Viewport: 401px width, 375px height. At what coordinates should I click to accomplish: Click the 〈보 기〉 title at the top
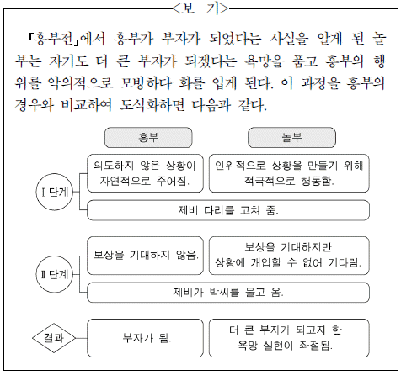click(200, 8)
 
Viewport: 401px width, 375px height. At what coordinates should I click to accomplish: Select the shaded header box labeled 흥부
click(148, 138)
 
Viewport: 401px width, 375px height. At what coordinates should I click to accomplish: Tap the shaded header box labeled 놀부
click(291, 138)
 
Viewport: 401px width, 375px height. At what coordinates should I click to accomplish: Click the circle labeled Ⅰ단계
click(55, 192)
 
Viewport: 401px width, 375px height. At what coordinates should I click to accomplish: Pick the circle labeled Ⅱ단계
click(55, 274)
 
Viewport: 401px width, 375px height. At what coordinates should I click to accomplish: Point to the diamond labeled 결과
click(54, 338)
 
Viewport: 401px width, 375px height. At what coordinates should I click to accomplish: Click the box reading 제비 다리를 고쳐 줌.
click(228, 210)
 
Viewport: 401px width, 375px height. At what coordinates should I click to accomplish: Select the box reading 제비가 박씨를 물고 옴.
click(228, 293)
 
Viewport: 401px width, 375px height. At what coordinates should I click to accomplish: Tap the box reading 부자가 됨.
click(145, 338)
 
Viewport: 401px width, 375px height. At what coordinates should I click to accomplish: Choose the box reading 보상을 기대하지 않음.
click(145, 256)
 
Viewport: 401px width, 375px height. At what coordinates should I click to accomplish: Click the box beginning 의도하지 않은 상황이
click(145, 173)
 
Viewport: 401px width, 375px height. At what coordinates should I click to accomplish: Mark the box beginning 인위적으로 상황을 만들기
click(289, 173)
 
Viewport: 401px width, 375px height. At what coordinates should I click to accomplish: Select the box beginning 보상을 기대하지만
click(289, 256)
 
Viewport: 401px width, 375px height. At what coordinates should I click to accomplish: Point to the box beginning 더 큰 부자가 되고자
click(289, 338)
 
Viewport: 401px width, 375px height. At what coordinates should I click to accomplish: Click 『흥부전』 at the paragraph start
click(53, 39)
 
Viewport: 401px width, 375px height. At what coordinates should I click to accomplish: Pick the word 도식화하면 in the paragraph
click(152, 105)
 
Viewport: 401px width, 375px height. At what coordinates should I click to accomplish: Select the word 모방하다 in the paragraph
click(146, 83)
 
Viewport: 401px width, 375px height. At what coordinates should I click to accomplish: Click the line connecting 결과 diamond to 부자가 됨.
click(81, 338)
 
